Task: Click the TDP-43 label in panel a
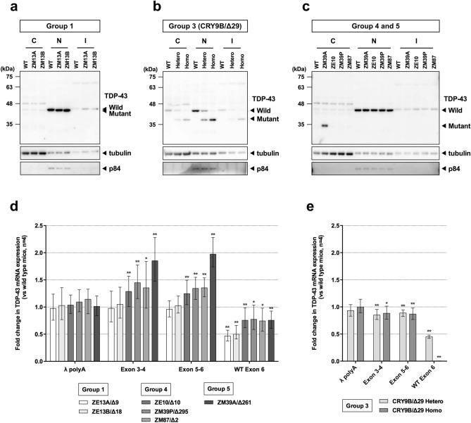[131, 94]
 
